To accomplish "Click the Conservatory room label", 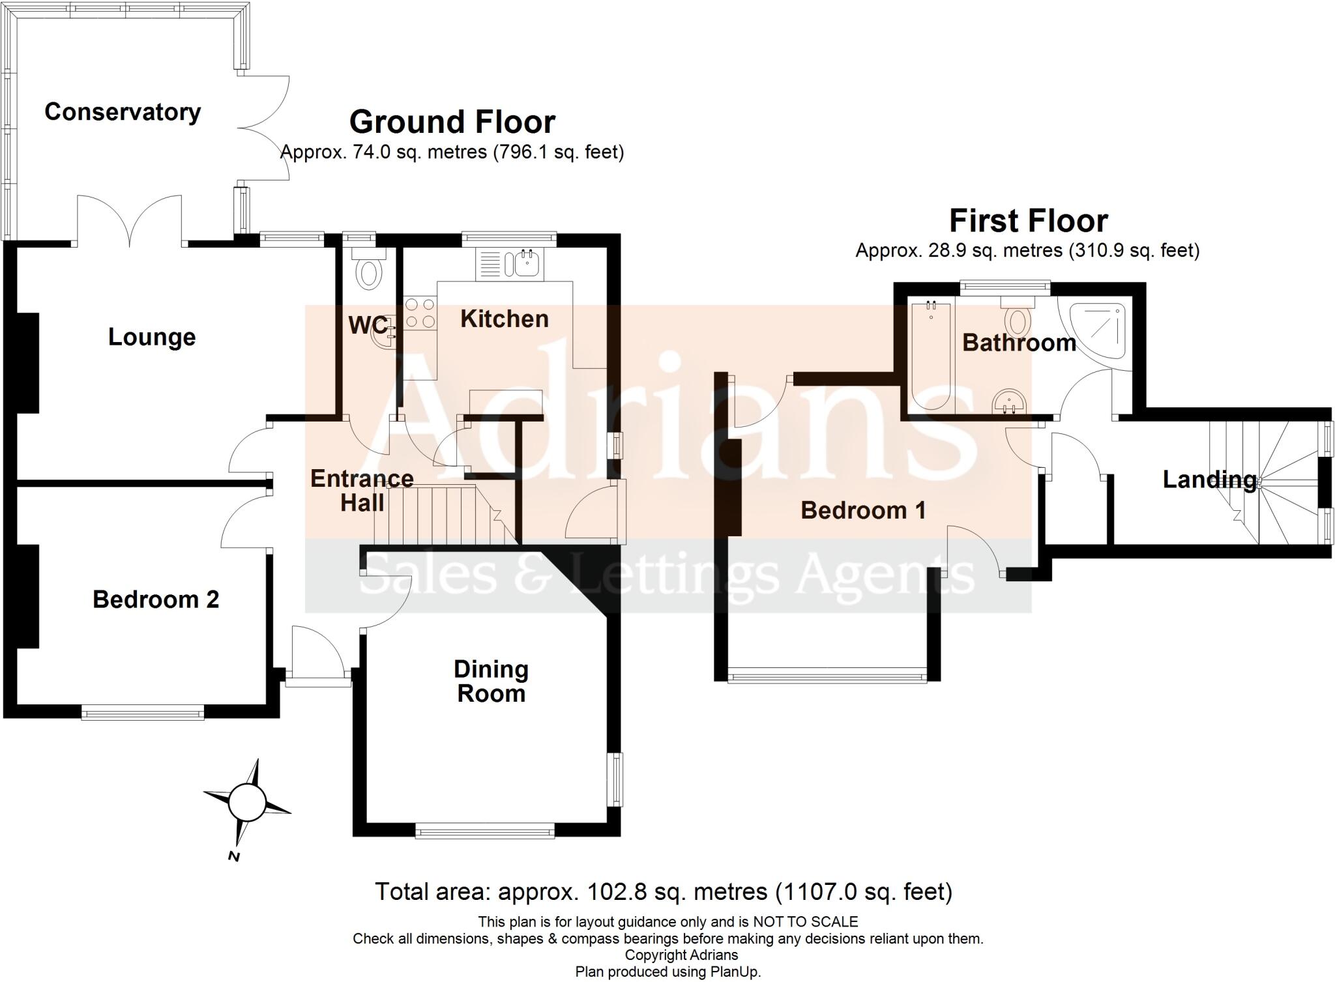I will click(x=123, y=112).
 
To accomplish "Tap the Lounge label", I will click(x=152, y=338).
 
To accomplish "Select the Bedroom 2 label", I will click(x=156, y=599).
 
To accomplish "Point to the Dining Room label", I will click(x=491, y=682).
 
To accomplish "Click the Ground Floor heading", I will click(x=452, y=123).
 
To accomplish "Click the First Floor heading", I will click(x=1028, y=222).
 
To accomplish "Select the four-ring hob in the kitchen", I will click(x=420, y=313).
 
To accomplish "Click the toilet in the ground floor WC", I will click(x=369, y=272).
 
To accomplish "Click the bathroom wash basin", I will click(x=1010, y=403).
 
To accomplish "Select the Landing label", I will click(x=1209, y=480).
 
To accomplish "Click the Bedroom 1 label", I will click(x=862, y=510).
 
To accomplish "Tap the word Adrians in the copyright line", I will click(x=714, y=955).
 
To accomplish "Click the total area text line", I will click(x=664, y=891).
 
